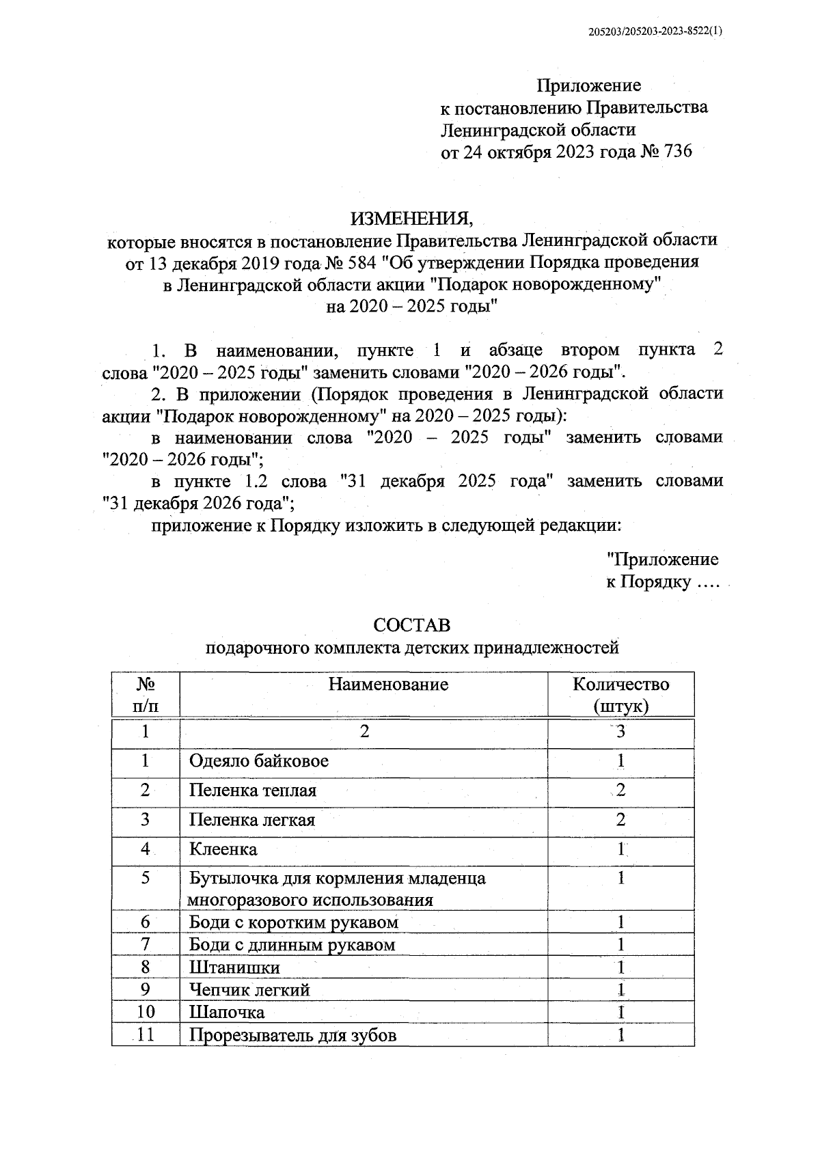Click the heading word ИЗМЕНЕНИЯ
pos(411,219)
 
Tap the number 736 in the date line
pos(673,151)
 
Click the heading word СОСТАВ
pos(411,625)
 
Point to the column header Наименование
pos(388,684)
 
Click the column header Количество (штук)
pos(620,694)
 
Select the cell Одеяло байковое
pos(259,761)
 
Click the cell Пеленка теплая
pos(253,790)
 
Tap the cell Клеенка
pos(223,849)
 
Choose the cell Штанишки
pos(234,967)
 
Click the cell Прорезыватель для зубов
pos(292,1035)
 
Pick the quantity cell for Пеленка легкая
pos(620,820)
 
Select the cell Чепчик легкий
pos(249,990)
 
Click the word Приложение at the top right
pos(588,85)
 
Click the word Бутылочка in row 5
pos(227,878)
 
